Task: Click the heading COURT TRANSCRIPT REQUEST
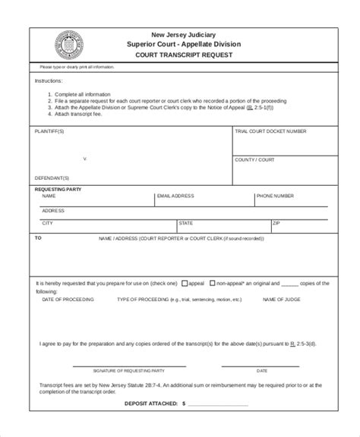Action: click(x=184, y=55)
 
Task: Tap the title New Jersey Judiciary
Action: click(x=184, y=35)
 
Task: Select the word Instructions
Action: click(x=49, y=80)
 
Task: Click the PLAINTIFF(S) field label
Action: click(x=50, y=131)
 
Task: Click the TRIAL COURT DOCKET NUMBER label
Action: click(x=270, y=131)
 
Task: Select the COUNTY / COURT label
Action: click(x=254, y=160)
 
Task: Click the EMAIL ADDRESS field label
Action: click(x=175, y=196)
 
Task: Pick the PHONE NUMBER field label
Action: click(x=275, y=196)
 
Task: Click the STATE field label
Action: click(x=185, y=224)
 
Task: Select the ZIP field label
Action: click(x=276, y=224)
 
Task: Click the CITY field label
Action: click(x=47, y=224)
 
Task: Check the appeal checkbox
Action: click(x=185, y=283)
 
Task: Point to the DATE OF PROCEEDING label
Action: click(x=68, y=300)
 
